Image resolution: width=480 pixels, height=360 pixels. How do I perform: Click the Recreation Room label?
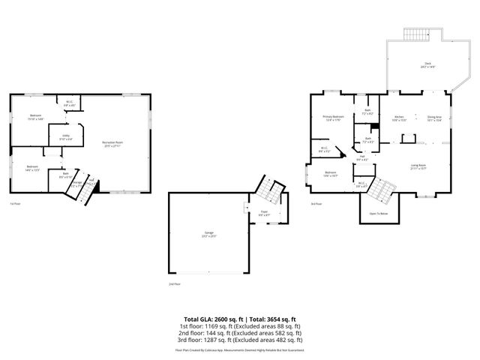pyautogui.click(x=113, y=142)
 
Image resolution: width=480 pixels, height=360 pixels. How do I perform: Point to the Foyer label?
pyautogui.click(x=264, y=213)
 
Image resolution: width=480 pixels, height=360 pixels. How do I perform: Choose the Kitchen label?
pyautogui.click(x=400, y=118)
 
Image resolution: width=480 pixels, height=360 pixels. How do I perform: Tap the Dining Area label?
pyautogui.click(x=434, y=118)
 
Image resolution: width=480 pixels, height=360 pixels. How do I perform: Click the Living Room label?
pyautogui.click(x=418, y=166)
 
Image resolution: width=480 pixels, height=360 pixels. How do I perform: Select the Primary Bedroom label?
pyautogui.click(x=333, y=118)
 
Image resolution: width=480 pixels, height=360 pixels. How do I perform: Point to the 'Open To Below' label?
pyautogui.click(x=379, y=214)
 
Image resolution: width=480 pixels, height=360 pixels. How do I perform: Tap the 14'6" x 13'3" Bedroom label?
pyautogui.click(x=32, y=167)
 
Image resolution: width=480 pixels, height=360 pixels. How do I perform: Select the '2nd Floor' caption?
pyautogui.click(x=174, y=284)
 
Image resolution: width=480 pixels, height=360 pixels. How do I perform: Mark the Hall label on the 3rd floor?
pyautogui.click(x=362, y=157)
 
